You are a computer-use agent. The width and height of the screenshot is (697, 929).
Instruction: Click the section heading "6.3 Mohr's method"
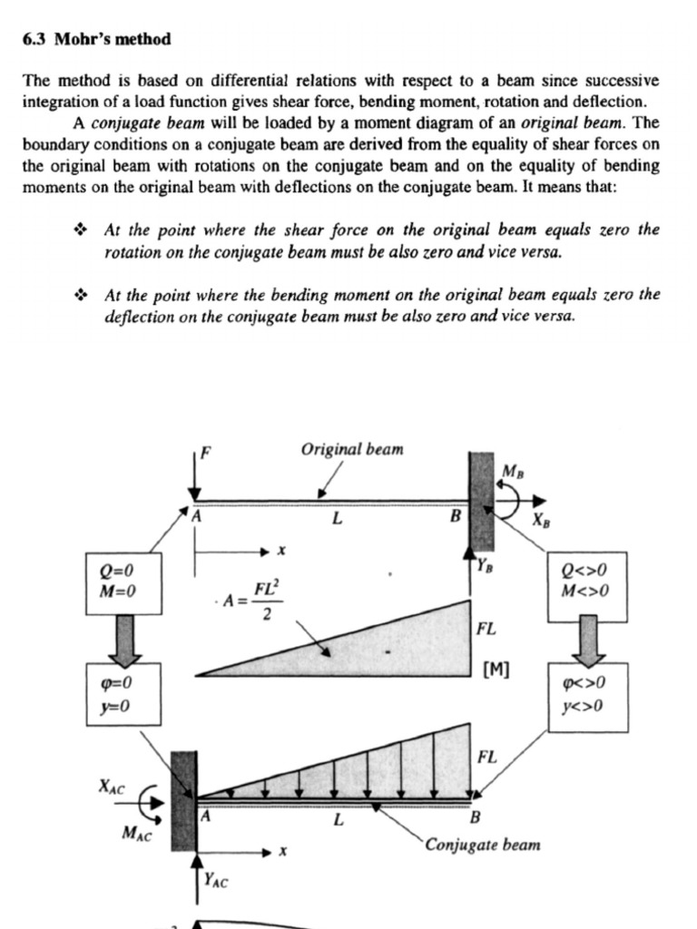tap(95, 39)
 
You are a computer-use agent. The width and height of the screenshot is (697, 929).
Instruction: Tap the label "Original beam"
tap(352, 450)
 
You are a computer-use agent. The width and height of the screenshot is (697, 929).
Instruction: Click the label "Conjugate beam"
tap(483, 845)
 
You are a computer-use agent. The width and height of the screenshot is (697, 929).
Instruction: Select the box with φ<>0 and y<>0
tap(587, 695)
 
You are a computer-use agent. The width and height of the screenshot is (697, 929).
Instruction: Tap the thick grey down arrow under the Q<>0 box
tap(588, 640)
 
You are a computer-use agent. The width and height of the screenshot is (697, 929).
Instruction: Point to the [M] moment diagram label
tap(496, 670)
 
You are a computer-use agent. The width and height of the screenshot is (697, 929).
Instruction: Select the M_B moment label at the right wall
tap(513, 472)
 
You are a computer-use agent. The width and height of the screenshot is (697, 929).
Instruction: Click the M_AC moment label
tap(136, 832)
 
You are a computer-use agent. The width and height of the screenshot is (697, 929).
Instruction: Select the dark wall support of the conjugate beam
tap(184, 800)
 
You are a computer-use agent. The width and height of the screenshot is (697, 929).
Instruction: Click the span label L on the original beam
tap(337, 520)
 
